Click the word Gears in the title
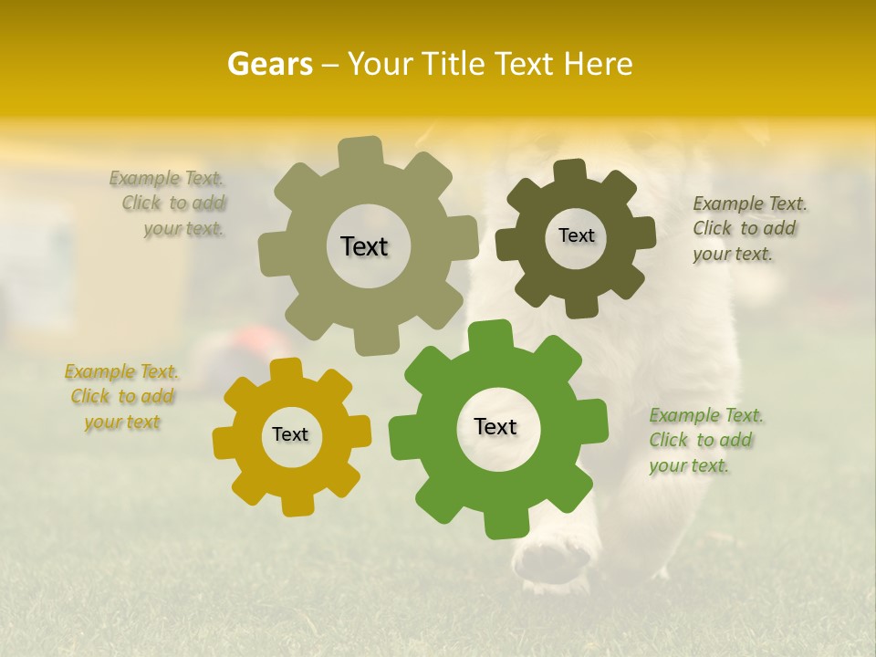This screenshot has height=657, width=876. click(269, 64)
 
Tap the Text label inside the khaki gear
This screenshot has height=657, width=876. click(364, 246)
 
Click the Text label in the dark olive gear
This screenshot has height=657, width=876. click(576, 235)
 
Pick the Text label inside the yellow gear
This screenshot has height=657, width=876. click(290, 434)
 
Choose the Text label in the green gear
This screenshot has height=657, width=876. click(495, 426)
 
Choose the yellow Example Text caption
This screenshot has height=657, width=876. click(122, 397)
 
